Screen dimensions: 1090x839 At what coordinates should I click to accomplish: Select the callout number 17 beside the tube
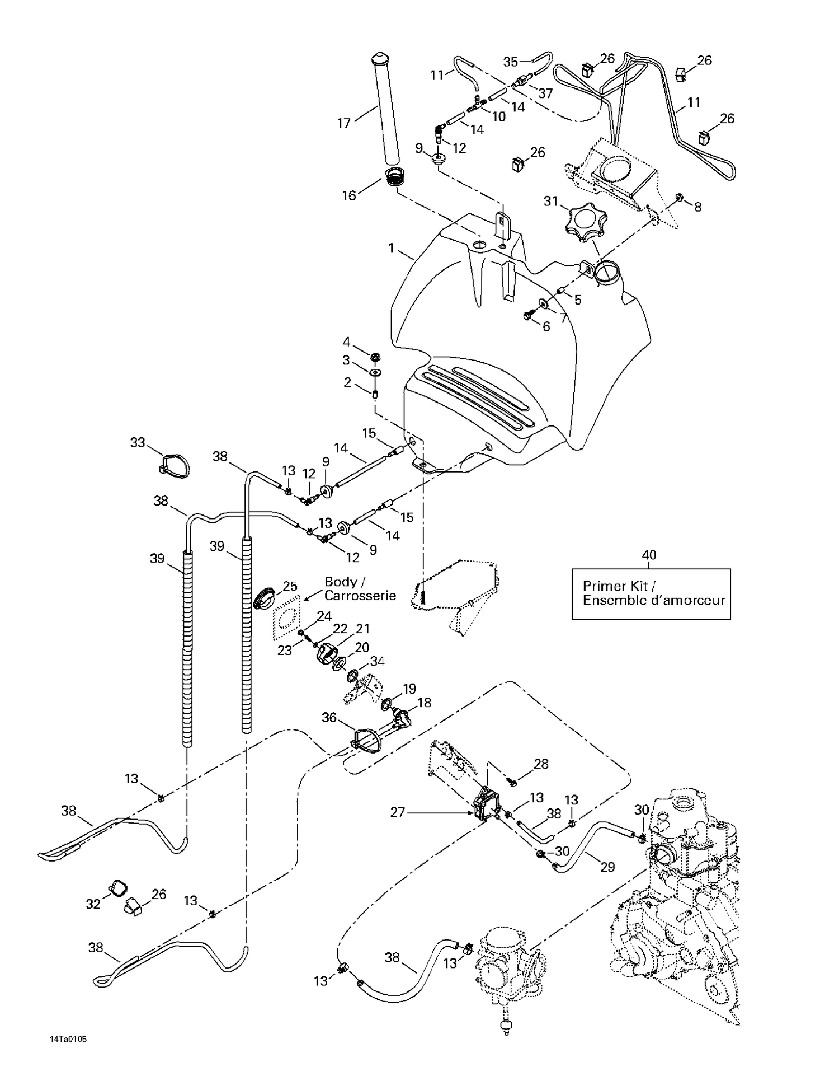click(343, 123)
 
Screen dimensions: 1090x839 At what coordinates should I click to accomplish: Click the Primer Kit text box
click(651, 593)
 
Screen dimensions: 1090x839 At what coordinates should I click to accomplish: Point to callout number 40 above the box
click(649, 555)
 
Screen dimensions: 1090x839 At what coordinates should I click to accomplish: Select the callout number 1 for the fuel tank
click(392, 247)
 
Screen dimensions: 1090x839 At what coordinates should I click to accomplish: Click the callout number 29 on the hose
click(607, 867)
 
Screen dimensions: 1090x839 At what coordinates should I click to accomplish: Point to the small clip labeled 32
click(118, 888)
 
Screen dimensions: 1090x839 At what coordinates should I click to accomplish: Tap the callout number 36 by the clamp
click(329, 717)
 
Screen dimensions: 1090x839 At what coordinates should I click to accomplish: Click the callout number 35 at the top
click(510, 62)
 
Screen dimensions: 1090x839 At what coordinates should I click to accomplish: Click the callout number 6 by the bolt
click(546, 327)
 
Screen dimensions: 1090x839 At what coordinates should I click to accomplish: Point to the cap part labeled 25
click(265, 597)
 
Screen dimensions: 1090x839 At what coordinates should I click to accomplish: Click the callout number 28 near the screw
click(541, 764)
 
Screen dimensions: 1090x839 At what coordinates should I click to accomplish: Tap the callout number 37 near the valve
click(545, 93)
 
